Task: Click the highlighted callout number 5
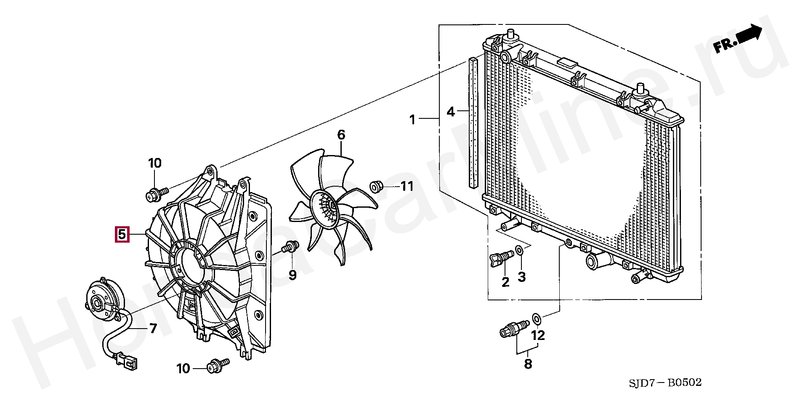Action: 121,235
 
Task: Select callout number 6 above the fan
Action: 341,135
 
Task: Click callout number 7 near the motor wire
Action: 153,328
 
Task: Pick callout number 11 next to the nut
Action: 407,186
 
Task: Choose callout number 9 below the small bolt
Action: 292,276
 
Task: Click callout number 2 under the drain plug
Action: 505,282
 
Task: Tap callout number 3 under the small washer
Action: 521,277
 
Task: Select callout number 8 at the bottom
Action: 528,364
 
